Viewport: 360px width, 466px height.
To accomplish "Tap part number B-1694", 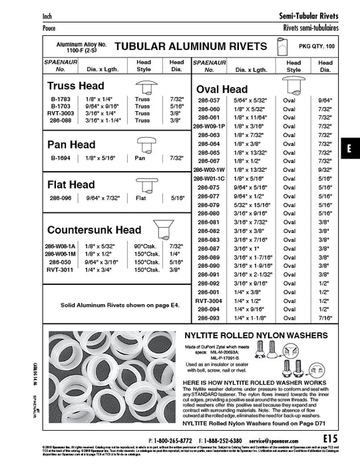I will pos(61,158).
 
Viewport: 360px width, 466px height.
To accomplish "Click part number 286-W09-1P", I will pos(209,125).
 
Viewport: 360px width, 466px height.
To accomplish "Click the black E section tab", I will pos(349,149).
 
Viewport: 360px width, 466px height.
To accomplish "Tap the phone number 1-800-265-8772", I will pos(172,441).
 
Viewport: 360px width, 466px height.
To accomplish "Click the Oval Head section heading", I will pos(222,89).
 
